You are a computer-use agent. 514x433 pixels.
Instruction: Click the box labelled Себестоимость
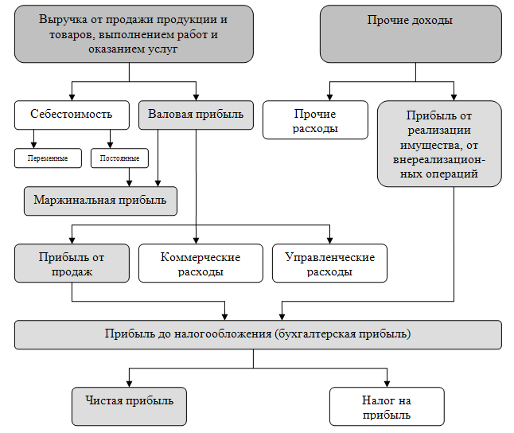click(72, 115)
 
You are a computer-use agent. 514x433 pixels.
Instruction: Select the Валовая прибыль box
click(196, 115)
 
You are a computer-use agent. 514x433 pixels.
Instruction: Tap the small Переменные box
click(48, 158)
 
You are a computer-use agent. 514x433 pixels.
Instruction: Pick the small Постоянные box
click(119, 158)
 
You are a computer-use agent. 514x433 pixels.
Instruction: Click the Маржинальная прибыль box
click(100, 201)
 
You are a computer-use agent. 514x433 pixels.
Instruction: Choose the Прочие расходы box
click(315, 120)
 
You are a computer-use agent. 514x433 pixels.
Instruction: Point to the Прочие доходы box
click(411, 33)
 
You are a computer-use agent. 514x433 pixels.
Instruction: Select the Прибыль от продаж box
click(72, 263)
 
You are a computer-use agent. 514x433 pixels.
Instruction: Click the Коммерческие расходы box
click(201, 263)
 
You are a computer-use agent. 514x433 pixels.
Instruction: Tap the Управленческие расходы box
click(329, 263)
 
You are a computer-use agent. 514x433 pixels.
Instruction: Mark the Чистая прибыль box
click(129, 407)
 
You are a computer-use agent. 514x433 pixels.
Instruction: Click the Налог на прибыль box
click(387, 407)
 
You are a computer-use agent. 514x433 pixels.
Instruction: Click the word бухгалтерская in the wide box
click(317, 334)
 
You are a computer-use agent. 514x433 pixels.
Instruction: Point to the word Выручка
click(63, 20)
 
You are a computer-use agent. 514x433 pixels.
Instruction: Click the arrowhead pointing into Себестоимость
click(72, 97)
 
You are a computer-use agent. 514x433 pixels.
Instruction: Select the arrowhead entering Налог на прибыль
click(387, 384)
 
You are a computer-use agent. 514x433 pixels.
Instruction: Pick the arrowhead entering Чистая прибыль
click(129, 384)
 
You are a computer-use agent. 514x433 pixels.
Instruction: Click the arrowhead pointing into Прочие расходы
click(329, 97)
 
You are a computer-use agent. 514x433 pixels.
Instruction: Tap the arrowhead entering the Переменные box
click(33, 145)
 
